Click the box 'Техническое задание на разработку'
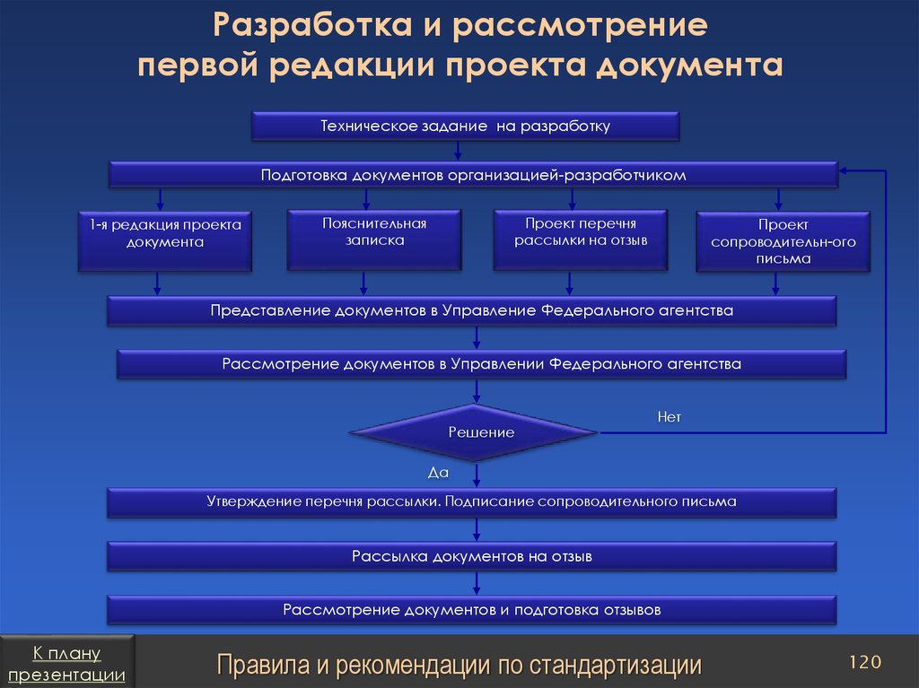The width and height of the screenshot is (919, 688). (464, 126)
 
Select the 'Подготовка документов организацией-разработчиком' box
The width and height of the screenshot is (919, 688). (473, 175)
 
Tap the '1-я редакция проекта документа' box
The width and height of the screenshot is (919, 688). (164, 241)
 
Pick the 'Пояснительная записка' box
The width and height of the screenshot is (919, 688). (374, 239)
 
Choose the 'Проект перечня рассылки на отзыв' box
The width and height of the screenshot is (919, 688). (581, 239)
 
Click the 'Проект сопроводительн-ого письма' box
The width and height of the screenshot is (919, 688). (783, 241)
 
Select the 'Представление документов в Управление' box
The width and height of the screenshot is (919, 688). (472, 311)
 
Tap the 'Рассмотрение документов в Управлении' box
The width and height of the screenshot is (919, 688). (481, 365)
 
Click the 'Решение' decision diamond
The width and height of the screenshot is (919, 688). (473, 433)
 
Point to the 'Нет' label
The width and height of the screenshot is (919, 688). (670, 417)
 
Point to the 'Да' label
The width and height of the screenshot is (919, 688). (438, 471)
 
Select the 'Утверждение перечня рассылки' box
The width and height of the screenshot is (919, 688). (472, 502)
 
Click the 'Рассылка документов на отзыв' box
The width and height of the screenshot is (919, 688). (472, 557)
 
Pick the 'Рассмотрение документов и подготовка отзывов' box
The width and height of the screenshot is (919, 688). (472, 611)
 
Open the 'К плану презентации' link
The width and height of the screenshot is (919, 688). (67, 664)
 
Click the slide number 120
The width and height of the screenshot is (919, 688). (865, 662)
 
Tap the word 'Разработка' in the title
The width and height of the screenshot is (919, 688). (306, 25)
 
